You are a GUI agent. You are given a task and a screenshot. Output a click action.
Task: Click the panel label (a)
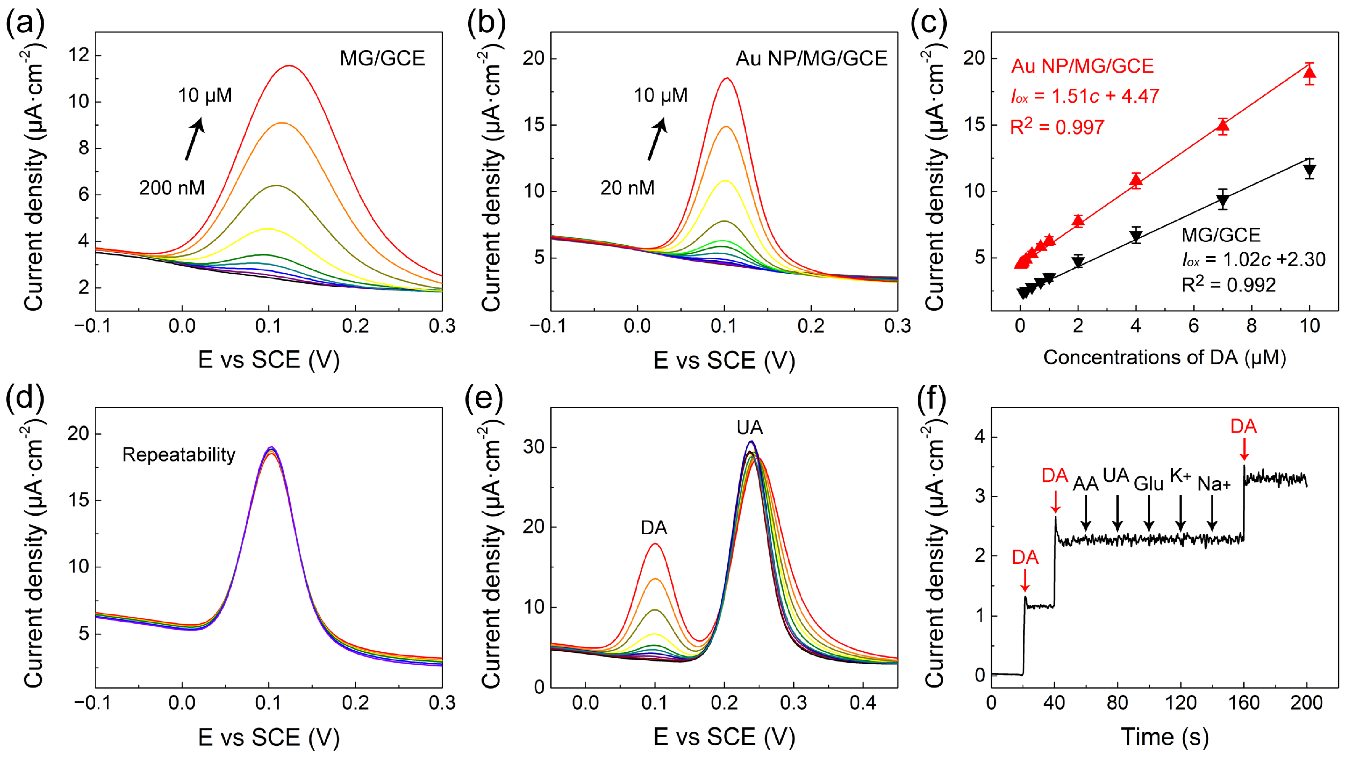pyautogui.click(x=25, y=23)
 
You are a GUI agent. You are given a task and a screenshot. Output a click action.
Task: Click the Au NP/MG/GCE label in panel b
pyautogui.click(x=811, y=58)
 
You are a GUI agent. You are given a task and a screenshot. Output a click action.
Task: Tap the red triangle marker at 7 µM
pyautogui.click(x=1223, y=125)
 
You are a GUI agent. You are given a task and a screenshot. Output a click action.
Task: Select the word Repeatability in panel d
pyautogui.click(x=179, y=454)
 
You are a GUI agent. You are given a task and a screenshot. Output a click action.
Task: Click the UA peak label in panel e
pyautogui.click(x=749, y=428)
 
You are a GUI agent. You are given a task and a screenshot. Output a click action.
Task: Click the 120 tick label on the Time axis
pyautogui.click(x=1180, y=702)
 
